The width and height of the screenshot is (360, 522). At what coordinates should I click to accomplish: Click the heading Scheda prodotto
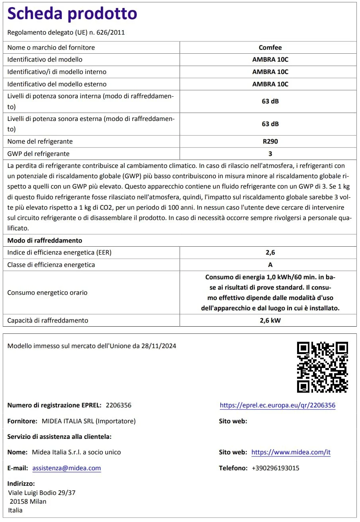pos(72,14)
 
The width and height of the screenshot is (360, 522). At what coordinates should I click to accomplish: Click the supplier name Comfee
pos(270,47)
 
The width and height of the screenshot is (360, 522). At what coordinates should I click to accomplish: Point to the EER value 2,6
pos(270,252)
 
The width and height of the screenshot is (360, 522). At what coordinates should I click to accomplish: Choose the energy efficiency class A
pos(270,265)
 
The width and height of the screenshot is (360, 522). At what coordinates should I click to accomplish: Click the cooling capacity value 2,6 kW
pos(270,320)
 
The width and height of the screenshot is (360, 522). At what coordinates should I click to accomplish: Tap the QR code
pos(322,367)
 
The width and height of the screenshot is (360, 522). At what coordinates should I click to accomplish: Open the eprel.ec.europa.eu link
pos(277,405)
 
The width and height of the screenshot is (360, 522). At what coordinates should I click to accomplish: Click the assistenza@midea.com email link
pos(67,468)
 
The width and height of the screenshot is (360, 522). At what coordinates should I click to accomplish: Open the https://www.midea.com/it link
pos(291,452)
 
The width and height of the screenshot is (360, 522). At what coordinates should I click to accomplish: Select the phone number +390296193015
pos(275,468)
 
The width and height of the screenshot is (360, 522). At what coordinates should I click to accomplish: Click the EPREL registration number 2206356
pos(118,405)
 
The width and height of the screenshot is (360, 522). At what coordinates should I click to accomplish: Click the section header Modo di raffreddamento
pos(45,240)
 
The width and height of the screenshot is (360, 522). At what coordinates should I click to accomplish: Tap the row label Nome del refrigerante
pos(40,141)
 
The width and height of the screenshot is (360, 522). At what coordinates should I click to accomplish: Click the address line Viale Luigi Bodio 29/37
pos(42,493)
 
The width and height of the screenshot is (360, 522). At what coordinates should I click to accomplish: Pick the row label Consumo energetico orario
pos(47,292)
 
